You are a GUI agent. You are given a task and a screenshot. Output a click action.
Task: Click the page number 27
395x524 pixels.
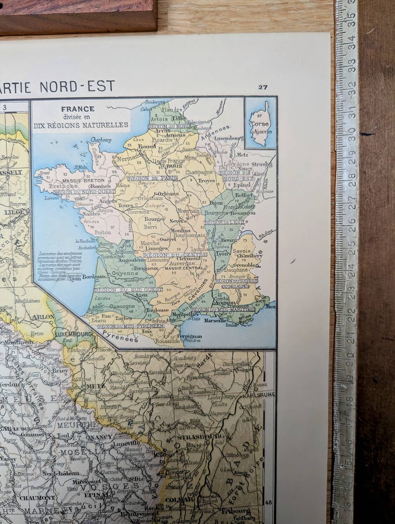(263, 87)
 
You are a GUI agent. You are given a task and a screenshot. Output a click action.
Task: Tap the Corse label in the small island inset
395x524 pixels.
(259, 124)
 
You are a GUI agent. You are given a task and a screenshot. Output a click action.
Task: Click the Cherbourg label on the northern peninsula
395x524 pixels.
(101, 140)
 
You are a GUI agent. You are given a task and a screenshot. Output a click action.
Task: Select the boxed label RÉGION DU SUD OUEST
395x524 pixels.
(128, 290)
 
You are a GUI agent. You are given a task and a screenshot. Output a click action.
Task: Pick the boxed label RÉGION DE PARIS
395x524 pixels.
(153, 178)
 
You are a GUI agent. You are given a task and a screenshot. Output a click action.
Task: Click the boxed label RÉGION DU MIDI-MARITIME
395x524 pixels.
(223, 310)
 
